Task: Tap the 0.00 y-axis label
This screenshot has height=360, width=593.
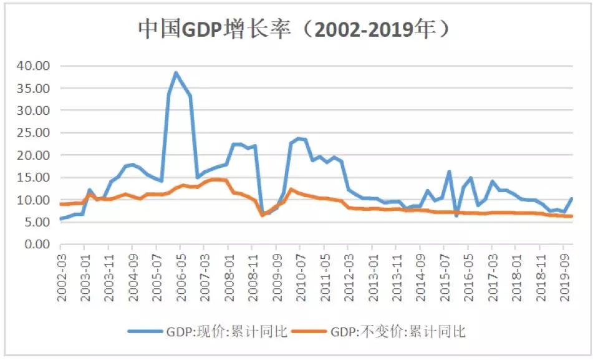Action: coord(38,245)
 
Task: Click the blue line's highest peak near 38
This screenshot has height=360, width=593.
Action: coord(176,72)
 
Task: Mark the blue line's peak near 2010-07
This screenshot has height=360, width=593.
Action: coord(298,138)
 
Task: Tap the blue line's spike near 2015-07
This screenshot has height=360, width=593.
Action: coord(449,172)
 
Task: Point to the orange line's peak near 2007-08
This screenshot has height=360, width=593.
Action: coord(215,180)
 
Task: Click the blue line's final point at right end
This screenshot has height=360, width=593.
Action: coord(571,199)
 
